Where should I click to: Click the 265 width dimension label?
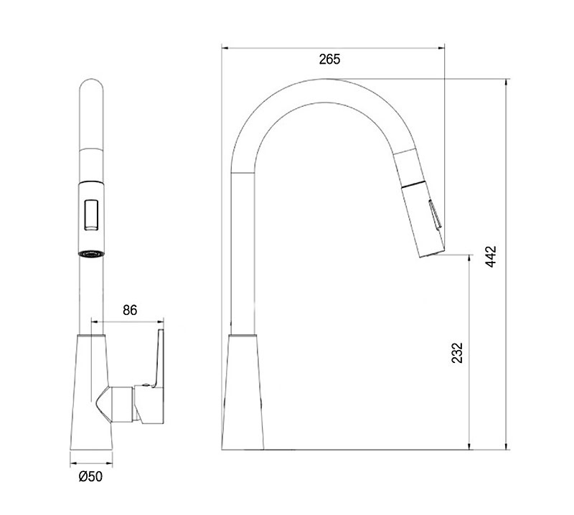[329, 60]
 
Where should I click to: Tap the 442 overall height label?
[491, 256]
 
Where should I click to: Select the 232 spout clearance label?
[457, 352]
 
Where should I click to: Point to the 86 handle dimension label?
[130, 310]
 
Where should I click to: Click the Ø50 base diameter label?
[91, 476]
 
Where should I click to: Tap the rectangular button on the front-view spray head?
[91, 215]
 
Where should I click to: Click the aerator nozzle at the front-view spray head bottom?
[92, 254]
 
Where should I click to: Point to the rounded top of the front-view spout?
[92, 83]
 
